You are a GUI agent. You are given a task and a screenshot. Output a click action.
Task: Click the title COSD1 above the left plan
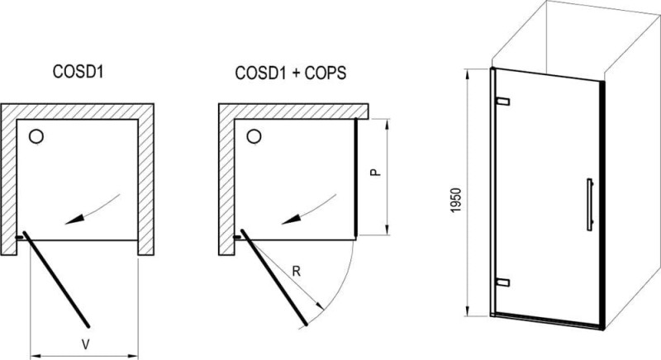pos(78,72)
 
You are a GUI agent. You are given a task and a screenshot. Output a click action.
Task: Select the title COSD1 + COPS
pos(291,73)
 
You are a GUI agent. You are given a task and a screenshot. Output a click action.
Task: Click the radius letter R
pos(297,272)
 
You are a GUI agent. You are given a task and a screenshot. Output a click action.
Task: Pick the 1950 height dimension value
pos(457,201)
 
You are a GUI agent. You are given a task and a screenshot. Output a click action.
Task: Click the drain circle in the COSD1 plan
pos(36,136)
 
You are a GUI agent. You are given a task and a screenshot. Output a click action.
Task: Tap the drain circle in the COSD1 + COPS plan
pos(254,136)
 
